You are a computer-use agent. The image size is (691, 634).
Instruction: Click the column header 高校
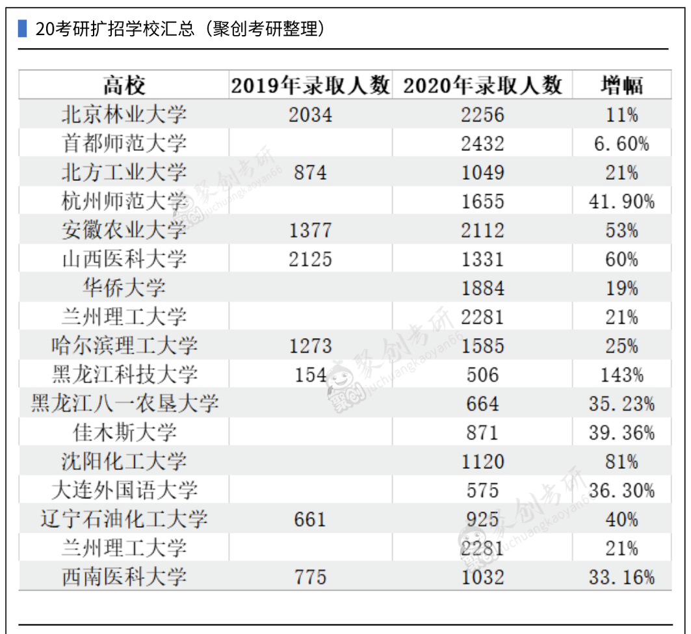pyautogui.click(x=124, y=85)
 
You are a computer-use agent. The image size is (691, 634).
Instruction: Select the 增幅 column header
pyautogui.click(x=621, y=85)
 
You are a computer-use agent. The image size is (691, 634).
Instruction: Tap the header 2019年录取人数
pyautogui.click(x=310, y=85)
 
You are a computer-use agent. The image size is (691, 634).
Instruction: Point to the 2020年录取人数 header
pyautogui.click(x=482, y=85)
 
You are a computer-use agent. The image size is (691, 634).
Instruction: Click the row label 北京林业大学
pyautogui.click(x=124, y=115)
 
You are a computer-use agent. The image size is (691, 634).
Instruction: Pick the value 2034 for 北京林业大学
pyautogui.click(x=310, y=115)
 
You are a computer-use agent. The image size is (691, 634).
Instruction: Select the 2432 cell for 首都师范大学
pyautogui.click(x=482, y=144)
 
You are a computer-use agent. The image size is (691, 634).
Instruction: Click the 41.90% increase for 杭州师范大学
pyautogui.click(x=621, y=202)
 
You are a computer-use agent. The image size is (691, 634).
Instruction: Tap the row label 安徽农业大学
pyautogui.click(x=124, y=230)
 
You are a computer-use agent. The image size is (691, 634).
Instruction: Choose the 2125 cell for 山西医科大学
pyautogui.click(x=310, y=259)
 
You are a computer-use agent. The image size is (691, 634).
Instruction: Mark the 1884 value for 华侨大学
pyautogui.click(x=482, y=288)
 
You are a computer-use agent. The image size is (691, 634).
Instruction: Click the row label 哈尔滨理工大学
pyautogui.click(x=124, y=345)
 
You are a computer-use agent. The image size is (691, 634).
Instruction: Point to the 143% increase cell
pyautogui.click(x=621, y=375)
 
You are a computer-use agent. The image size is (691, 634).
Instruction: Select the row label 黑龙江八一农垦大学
pyautogui.click(x=124, y=404)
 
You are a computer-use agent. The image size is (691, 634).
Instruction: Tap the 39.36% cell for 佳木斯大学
pyautogui.click(x=621, y=432)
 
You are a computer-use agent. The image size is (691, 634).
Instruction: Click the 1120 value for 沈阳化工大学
pyautogui.click(x=482, y=462)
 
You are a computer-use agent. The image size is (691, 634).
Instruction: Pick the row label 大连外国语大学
pyautogui.click(x=124, y=490)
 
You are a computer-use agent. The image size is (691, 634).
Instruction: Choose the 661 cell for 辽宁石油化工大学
pyautogui.click(x=310, y=520)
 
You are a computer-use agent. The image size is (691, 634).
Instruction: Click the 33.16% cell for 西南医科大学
pyautogui.click(x=621, y=577)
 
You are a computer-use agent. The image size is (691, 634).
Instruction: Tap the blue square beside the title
pyautogui.click(x=22, y=29)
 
